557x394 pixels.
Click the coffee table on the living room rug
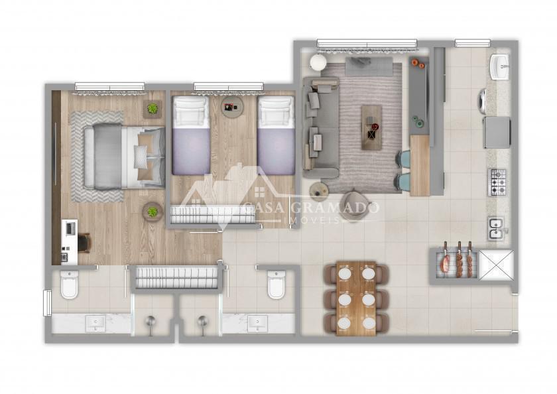click(x=371, y=127)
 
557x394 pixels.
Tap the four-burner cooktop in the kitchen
click(x=499, y=182)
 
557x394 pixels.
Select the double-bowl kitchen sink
click(x=495, y=228)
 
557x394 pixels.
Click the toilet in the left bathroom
click(x=69, y=284)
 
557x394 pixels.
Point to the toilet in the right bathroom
click(x=276, y=284)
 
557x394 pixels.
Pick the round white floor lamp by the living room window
click(x=318, y=63)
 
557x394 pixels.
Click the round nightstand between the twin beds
click(x=232, y=105)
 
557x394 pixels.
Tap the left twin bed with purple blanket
click(x=191, y=135)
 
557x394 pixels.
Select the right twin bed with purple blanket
click(x=277, y=135)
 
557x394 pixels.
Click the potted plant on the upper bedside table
click(x=153, y=109)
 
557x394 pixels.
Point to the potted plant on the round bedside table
click(x=153, y=212)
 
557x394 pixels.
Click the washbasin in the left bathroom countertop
click(x=95, y=323)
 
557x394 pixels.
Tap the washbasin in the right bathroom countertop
click(x=257, y=323)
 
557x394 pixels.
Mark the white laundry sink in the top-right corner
click(x=500, y=67)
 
